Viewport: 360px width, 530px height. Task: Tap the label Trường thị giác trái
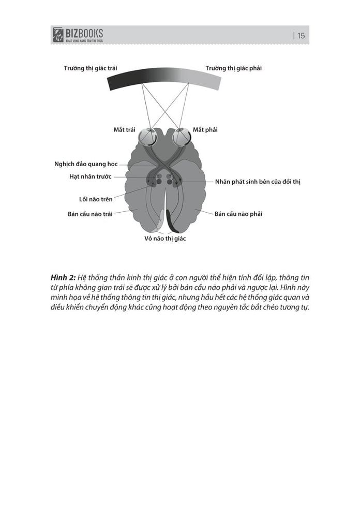pos(90,68)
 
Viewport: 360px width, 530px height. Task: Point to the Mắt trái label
pos(124,129)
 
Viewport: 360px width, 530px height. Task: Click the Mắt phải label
pos(205,129)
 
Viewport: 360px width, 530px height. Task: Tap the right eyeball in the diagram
pos(182,137)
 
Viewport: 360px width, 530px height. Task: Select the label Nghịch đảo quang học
pos(86,164)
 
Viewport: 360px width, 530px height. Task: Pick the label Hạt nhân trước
pos(90,176)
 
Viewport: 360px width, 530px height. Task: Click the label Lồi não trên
pos(92,199)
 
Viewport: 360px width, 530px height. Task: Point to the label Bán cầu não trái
pos(89,213)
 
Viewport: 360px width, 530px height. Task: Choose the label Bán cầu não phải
pos(238,213)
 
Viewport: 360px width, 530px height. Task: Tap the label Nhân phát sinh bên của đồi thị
pos(258,182)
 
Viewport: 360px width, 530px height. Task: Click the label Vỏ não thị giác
pos(165,239)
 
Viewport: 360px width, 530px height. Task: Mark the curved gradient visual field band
pos(164,78)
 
